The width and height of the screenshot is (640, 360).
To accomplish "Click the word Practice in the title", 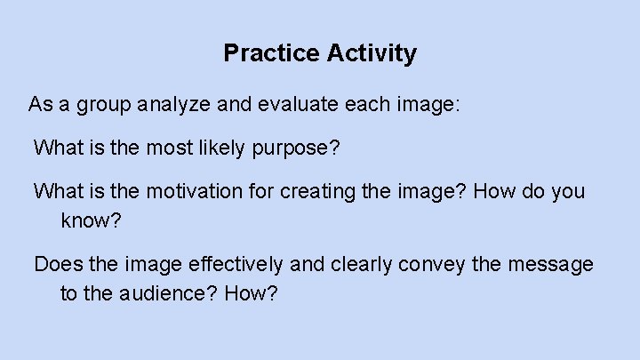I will pos(268,54).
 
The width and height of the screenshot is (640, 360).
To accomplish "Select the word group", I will pos(100,106).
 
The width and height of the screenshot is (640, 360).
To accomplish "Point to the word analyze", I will pos(175,105).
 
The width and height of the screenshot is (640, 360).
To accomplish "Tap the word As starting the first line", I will pos(40,105).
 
